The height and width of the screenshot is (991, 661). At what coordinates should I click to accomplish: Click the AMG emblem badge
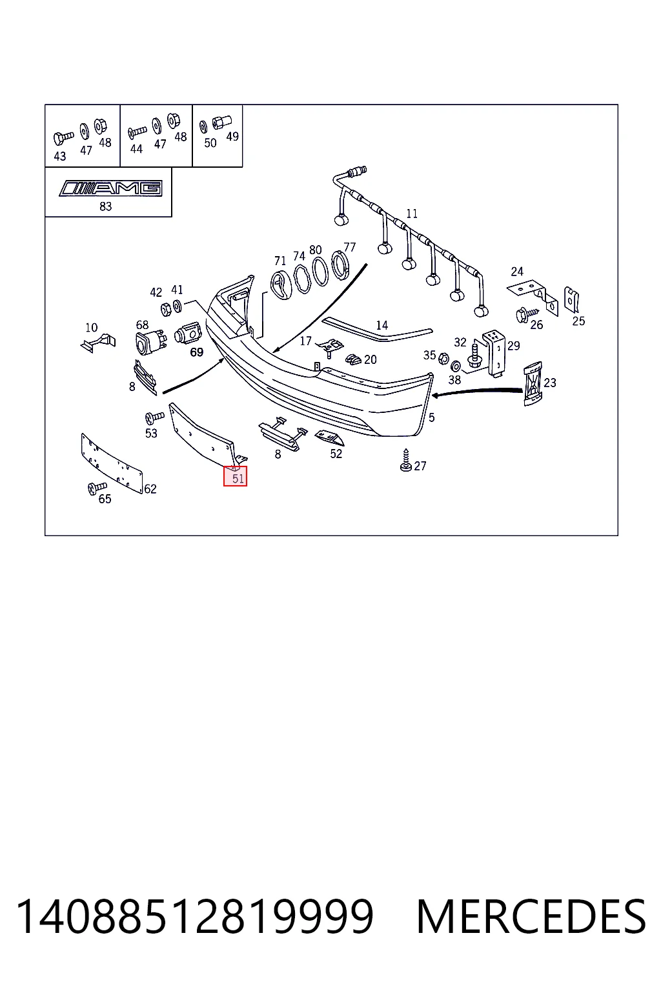tap(110, 188)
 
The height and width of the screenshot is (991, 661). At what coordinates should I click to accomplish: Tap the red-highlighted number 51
tap(238, 478)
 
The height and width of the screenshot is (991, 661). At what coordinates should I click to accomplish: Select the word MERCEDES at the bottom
tap(531, 916)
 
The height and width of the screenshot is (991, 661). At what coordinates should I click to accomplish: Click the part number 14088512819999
tap(195, 916)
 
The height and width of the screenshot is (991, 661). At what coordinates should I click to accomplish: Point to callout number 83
tap(105, 206)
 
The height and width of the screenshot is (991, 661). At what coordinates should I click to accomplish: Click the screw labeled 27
tap(405, 461)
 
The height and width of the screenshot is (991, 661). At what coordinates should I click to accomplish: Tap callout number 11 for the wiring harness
tap(412, 214)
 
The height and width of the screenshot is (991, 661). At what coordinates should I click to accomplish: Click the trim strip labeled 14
tap(377, 330)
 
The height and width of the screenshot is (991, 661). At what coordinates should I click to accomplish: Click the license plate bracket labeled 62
tap(112, 463)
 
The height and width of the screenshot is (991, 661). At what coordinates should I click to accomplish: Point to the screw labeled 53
tap(154, 417)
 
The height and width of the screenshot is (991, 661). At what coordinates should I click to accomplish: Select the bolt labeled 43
tap(63, 137)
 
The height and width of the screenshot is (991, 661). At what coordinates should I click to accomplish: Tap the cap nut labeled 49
tap(222, 122)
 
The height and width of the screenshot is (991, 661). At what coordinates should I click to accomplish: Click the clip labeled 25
tap(571, 300)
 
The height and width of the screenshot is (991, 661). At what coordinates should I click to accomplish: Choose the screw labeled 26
tap(526, 315)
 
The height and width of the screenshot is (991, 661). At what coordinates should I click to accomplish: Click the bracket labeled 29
tap(494, 354)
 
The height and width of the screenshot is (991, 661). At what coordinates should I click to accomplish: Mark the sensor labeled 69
tap(188, 334)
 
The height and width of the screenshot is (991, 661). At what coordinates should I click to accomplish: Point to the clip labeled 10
tap(98, 343)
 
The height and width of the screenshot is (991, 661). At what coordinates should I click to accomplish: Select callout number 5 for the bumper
tap(432, 417)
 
